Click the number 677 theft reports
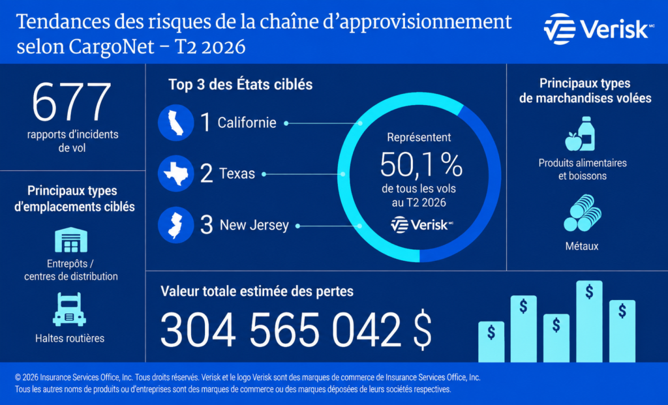[x=72, y=102]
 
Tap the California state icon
[x=176, y=123]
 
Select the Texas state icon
[x=176, y=173]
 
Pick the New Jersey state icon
[x=176, y=225]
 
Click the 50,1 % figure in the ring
[x=421, y=164]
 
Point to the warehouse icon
[x=71, y=240]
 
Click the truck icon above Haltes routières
[x=69, y=309]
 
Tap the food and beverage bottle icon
[x=580, y=134]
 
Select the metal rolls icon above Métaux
[x=583, y=213]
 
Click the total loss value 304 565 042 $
[x=296, y=330]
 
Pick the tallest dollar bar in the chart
[x=589, y=322]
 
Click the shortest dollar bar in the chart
[x=491, y=342]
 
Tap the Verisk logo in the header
[x=599, y=29]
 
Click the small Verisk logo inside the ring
[x=422, y=225]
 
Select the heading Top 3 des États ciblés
[x=240, y=84]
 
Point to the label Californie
[x=247, y=123]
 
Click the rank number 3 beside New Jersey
[x=207, y=225]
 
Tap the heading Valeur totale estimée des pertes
[x=257, y=292]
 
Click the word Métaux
[x=582, y=246]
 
